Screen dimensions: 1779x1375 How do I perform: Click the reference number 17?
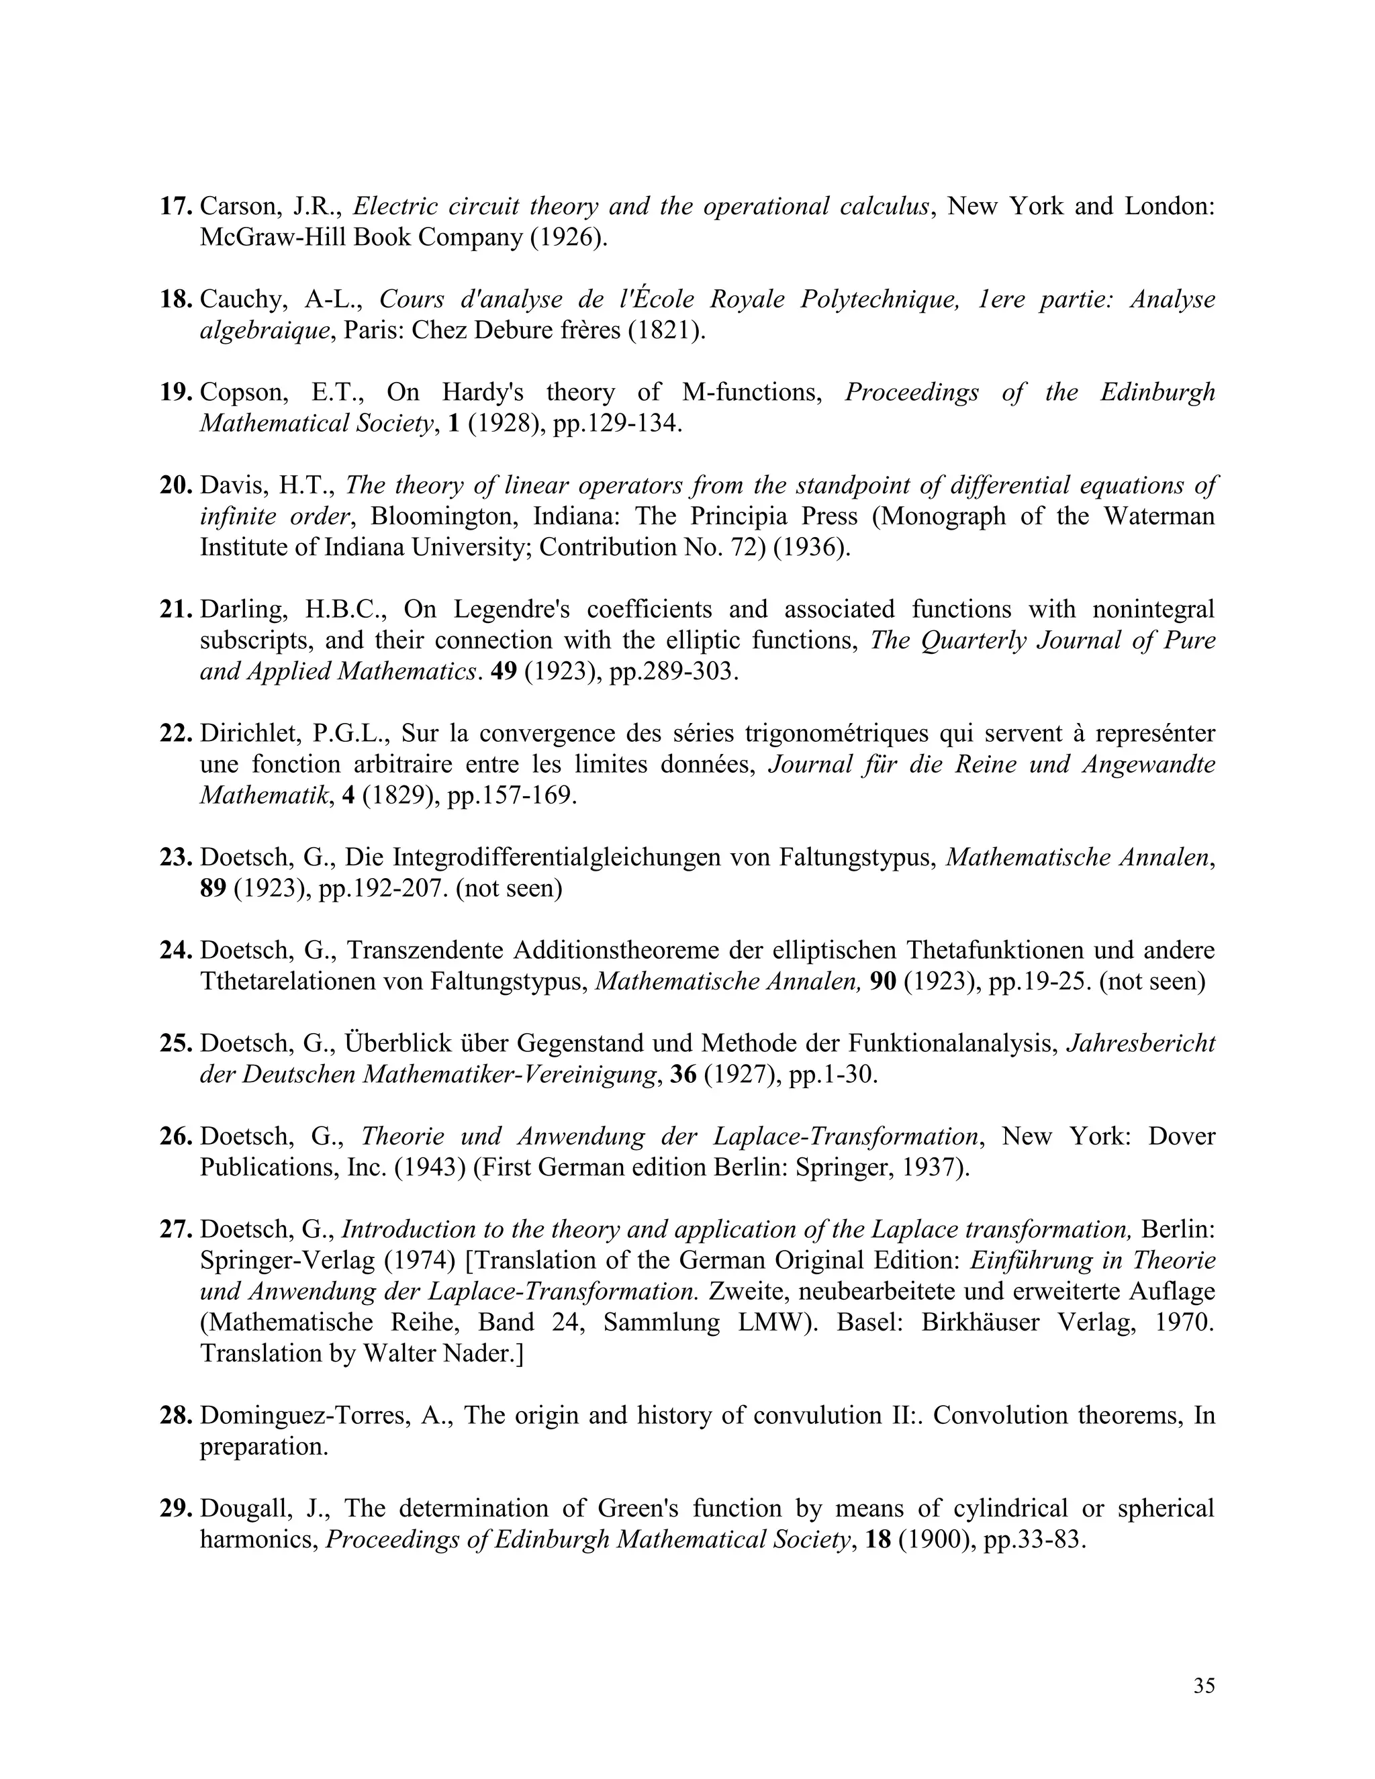[175, 206]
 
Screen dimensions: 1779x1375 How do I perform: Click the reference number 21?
[175, 610]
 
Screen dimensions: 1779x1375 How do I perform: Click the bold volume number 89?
[213, 888]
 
